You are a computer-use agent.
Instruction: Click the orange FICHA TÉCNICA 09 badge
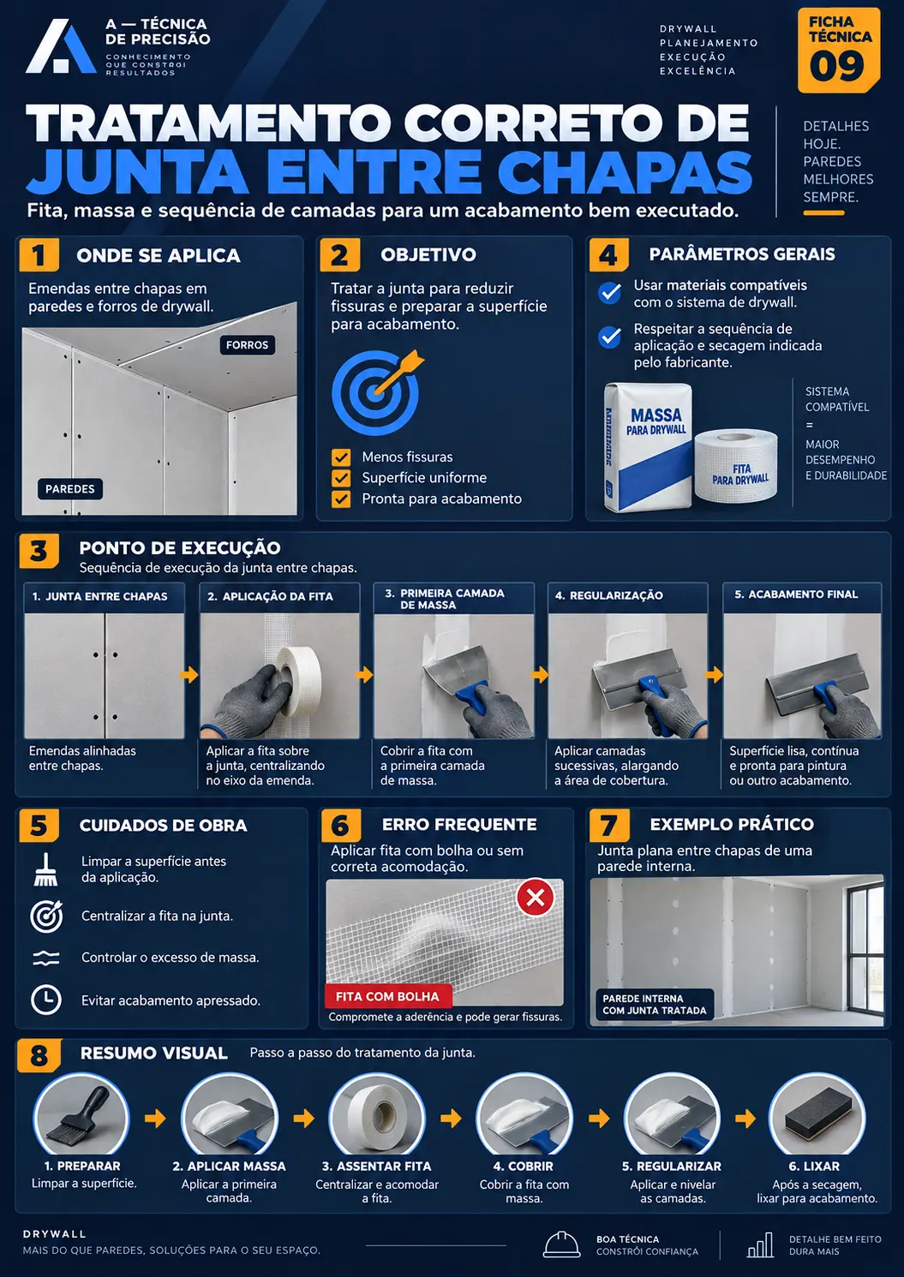838,51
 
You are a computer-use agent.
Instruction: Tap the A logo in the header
61,47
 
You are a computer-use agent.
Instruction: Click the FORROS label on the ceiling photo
247,345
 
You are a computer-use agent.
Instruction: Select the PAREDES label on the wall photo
70,489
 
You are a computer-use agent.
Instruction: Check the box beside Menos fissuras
341,457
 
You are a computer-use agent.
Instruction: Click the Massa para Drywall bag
649,447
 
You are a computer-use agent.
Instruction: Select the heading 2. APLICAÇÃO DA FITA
271,596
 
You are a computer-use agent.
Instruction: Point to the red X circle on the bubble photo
535,898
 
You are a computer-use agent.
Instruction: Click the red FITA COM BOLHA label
388,997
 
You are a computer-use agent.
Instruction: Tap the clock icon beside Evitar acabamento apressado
45,1000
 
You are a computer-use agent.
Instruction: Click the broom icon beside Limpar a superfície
45,869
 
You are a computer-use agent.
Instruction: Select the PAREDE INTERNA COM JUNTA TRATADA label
654,1005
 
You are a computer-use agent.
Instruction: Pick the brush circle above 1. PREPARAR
81,1114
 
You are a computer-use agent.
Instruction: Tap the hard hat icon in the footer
561,1244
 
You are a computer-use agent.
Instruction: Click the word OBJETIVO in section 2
428,254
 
